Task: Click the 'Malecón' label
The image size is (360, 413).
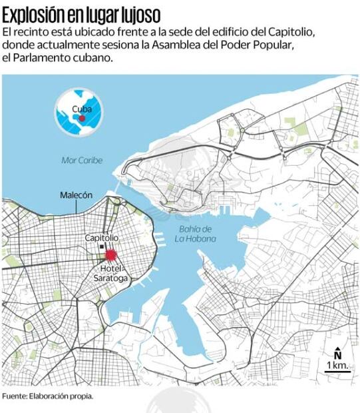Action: [x=76, y=195]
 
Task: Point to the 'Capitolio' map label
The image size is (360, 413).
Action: [x=102, y=238]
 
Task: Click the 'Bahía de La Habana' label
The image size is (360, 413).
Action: [x=196, y=234]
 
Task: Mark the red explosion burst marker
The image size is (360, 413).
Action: [x=110, y=254]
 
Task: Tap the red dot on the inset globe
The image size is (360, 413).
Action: [x=82, y=118]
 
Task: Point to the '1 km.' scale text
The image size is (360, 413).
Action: [x=336, y=366]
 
